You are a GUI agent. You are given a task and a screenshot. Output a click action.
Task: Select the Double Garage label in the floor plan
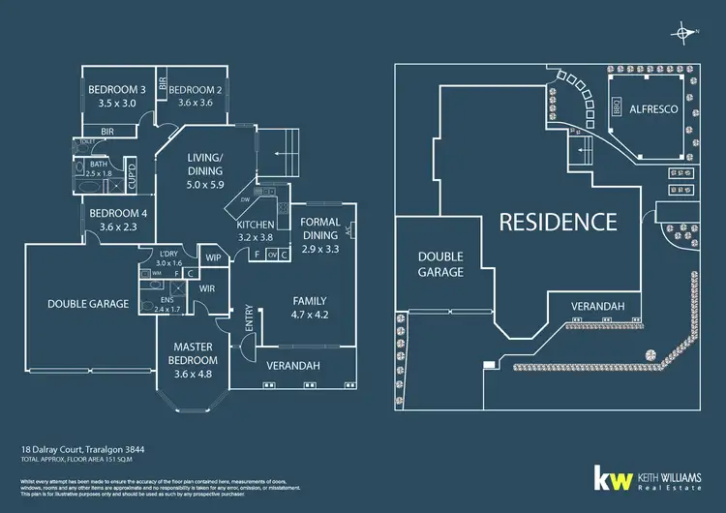coord(88,303)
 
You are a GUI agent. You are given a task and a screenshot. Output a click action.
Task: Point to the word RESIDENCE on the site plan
coord(558,222)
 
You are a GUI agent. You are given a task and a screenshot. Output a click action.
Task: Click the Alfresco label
coord(653,109)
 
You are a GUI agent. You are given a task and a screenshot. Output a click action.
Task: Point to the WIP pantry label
coord(213,257)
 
